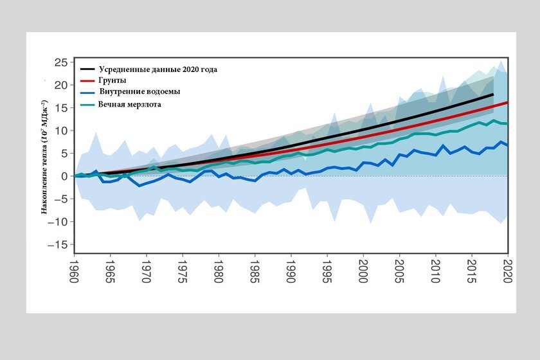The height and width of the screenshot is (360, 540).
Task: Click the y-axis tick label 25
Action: (62, 62)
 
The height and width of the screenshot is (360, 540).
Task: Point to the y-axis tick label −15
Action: (60, 245)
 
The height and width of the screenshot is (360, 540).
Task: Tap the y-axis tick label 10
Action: (62, 130)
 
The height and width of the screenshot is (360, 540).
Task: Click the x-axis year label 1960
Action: (75, 266)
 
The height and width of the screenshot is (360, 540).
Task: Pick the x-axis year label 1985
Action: (255, 266)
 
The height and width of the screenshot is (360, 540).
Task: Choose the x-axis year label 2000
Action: (364, 266)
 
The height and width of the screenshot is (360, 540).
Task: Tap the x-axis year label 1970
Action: (147, 266)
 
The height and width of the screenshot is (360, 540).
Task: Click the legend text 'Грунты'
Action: (113, 80)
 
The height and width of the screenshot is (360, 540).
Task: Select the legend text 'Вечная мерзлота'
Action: (129, 104)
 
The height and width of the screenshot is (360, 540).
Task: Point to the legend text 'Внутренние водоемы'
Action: (139, 92)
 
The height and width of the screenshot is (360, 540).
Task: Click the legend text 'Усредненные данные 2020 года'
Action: (163, 69)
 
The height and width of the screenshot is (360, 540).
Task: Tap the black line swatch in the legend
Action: (87, 69)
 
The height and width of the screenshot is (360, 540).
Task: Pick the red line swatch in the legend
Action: (87, 81)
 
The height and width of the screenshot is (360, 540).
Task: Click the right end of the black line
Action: (493, 94)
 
